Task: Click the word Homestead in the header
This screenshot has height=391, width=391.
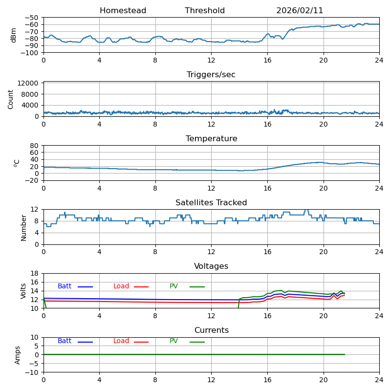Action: coord(123,11)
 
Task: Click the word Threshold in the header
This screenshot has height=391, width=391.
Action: coord(205,11)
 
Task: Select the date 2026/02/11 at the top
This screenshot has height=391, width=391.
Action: coord(300,11)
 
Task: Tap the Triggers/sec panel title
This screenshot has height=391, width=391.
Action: coord(211,75)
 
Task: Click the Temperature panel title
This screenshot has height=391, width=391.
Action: coord(211,139)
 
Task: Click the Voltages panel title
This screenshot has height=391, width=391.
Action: coord(211,266)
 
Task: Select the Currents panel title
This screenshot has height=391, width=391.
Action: coord(211,330)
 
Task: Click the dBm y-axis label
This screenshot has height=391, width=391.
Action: coord(14,35)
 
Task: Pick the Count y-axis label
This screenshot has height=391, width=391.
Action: coord(11,99)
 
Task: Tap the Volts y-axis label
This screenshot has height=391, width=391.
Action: coord(23,291)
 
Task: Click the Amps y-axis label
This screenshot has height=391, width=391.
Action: coord(18,355)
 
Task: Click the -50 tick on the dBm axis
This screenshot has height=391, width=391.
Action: coord(32,18)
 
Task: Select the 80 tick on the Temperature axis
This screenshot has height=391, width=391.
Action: coord(35,146)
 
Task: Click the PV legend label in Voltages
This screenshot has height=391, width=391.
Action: coord(174,286)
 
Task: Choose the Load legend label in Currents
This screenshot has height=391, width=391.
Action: coord(121,341)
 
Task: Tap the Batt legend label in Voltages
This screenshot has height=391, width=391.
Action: coord(65,286)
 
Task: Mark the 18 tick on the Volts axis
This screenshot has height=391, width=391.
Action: coord(35,274)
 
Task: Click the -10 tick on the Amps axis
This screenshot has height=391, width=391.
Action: coord(32,372)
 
